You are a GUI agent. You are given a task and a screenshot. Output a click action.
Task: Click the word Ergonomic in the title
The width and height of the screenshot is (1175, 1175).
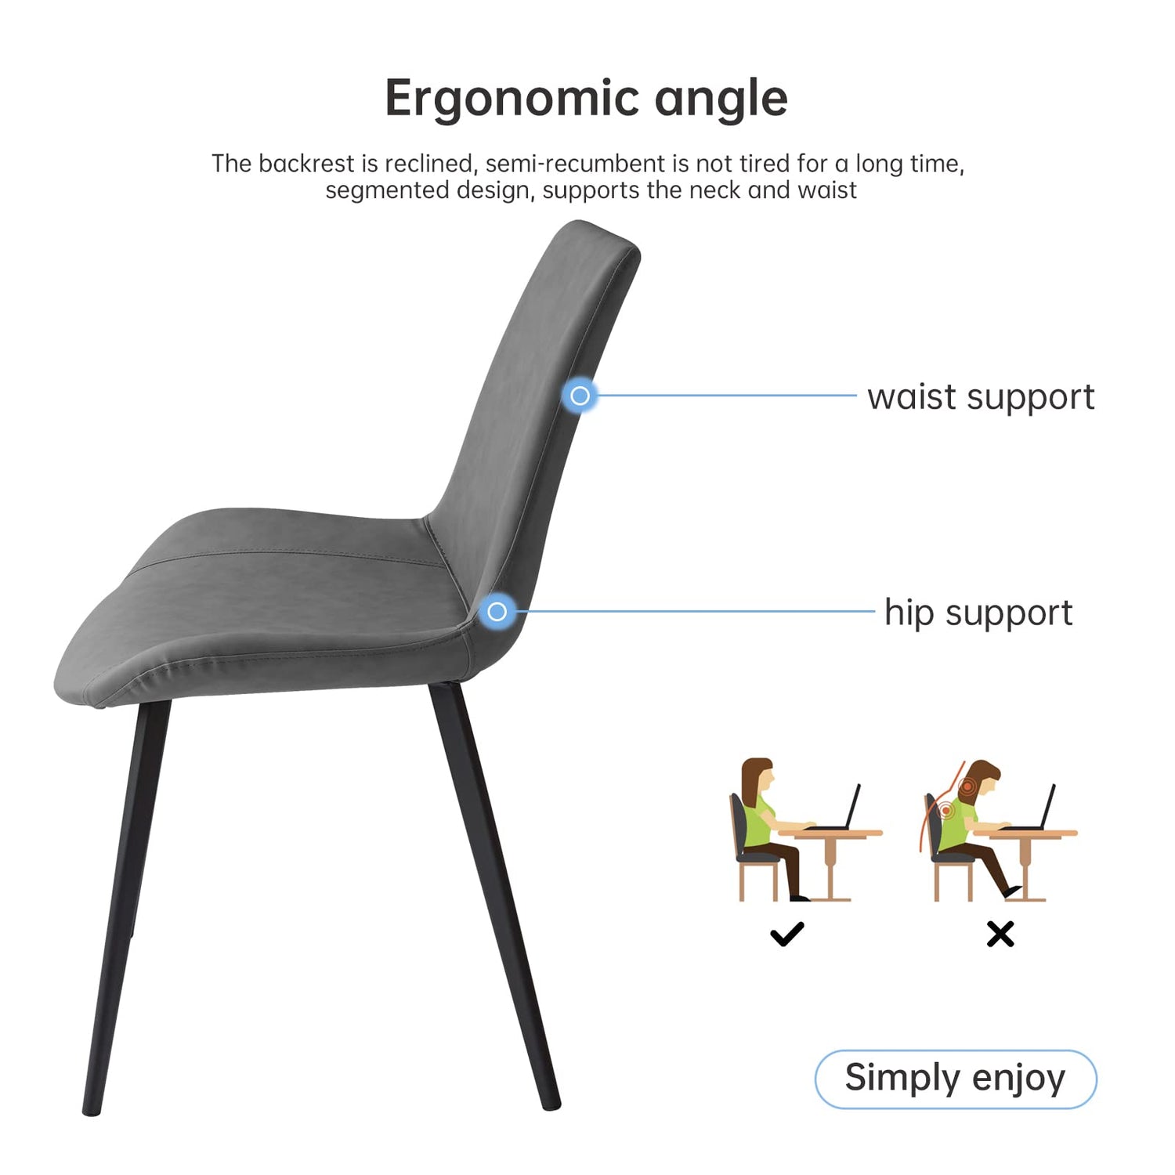512,99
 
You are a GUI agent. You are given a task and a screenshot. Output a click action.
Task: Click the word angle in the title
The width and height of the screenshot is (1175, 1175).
721,99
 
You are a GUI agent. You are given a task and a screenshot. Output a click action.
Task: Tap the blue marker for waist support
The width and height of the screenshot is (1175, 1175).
580,396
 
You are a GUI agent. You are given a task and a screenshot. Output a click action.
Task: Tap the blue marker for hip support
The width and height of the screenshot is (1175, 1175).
497,611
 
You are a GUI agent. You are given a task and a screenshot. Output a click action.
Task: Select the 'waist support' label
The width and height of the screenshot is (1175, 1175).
981,397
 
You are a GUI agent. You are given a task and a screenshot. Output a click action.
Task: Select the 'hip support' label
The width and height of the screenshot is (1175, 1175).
978,613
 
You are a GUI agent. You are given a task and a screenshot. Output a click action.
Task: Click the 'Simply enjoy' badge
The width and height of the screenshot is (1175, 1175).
956,1079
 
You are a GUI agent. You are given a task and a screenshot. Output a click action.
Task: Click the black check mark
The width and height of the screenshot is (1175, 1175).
786,934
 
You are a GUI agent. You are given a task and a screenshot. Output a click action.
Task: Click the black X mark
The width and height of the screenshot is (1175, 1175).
1000,934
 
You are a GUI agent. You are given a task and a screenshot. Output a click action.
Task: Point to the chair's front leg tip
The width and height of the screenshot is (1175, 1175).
92,1110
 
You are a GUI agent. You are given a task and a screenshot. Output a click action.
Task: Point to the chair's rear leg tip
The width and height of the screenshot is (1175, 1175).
551,1104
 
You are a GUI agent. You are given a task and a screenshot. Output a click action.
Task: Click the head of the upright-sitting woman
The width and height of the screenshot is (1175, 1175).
758,775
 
